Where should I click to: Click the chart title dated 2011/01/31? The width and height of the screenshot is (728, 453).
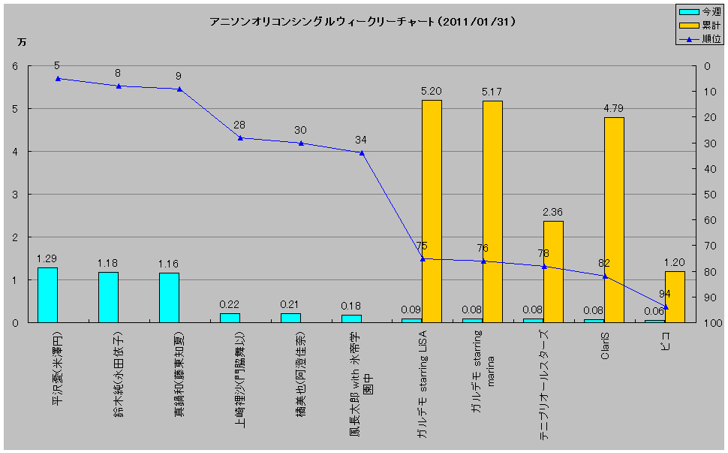click(x=362, y=22)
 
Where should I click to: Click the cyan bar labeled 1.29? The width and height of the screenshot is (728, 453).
click(x=48, y=295)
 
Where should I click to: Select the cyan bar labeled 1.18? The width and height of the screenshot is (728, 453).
click(x=108, y=297)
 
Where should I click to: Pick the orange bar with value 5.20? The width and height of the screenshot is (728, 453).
click(x=432, y=211)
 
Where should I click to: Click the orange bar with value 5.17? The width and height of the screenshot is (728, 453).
click(x=492, y=212)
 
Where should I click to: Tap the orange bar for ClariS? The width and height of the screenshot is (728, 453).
click(x=614, y=220)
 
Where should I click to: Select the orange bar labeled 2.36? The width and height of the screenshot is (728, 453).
click(x=553, y=272)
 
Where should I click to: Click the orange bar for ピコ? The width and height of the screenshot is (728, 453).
click(x=675, y=297)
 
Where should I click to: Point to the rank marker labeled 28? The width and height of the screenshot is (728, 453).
click(x=240, y=137)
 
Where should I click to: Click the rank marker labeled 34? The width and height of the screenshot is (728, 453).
click(x=362, y=153)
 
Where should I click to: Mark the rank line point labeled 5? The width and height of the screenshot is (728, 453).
click(x=58, y=78)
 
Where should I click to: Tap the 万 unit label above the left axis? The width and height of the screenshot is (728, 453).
click(x=22, y=42)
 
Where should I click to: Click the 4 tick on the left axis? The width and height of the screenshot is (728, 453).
click(x=15, y=152)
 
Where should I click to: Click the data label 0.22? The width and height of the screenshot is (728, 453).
click(x=229, y=304)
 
